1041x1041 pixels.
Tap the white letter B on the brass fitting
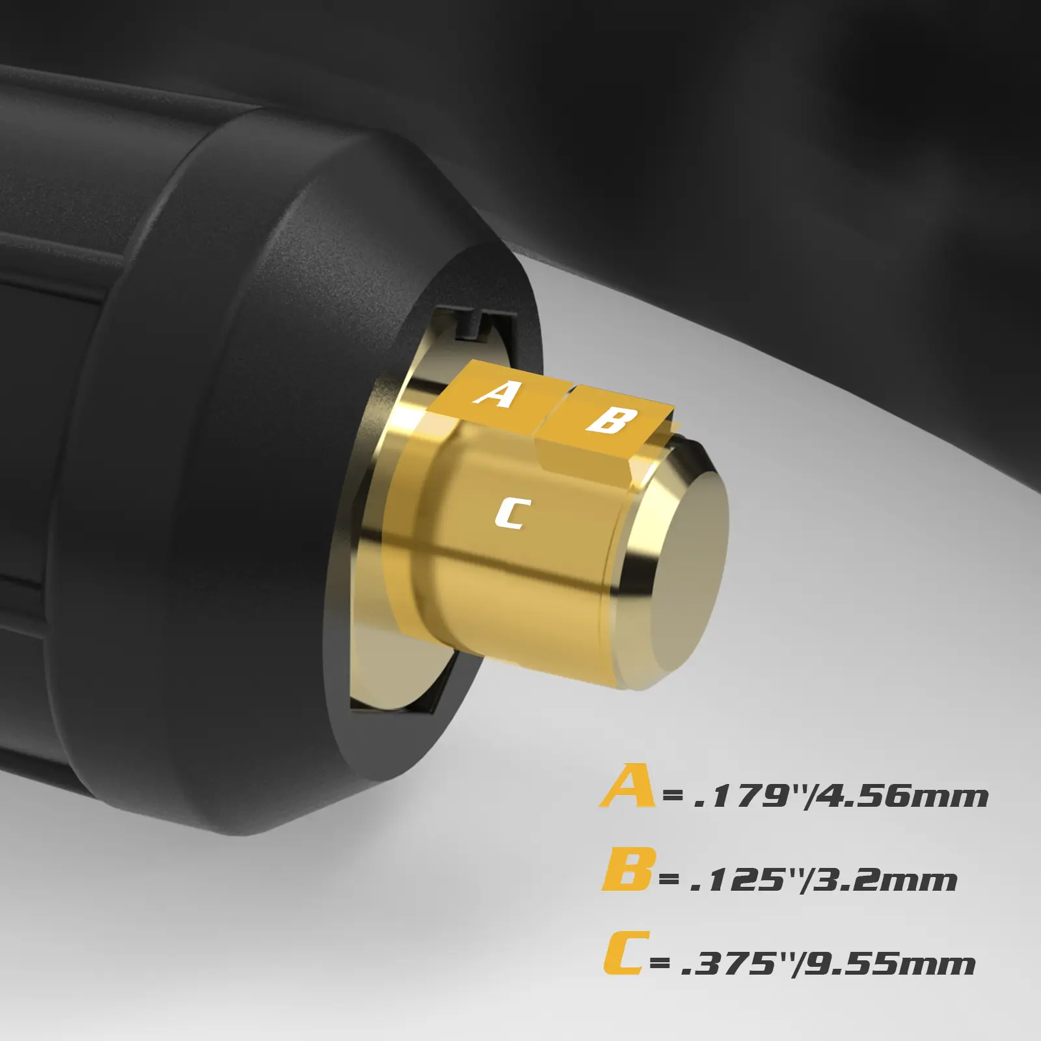click(609, 420)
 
